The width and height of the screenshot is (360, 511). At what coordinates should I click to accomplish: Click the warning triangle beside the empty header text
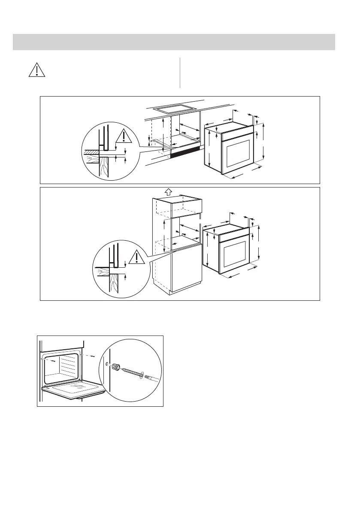pos(37,70)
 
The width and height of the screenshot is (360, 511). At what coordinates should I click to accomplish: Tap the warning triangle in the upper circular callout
pos(124,136)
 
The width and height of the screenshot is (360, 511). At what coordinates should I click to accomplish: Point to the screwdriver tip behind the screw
pos(151,378)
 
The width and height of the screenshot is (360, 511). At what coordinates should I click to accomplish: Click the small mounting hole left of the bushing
pos(106,363)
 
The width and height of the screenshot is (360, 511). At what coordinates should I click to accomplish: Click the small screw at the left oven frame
pos(54,362)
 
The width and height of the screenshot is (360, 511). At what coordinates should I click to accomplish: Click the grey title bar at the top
pos(174,42)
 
